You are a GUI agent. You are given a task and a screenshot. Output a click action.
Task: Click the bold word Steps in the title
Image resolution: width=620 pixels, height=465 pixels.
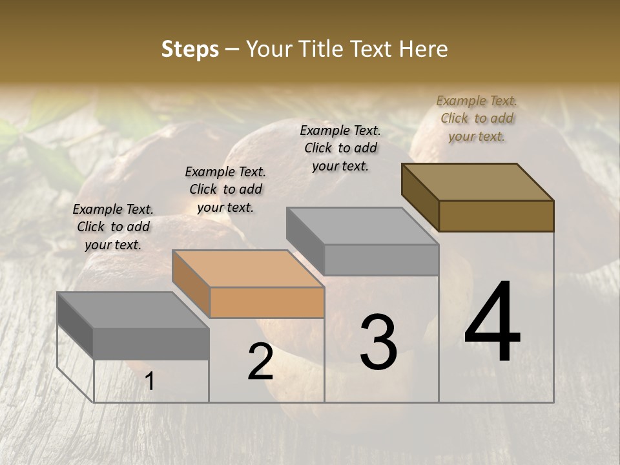[190, 49]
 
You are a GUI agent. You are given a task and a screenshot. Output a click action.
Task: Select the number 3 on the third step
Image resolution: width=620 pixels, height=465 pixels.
[378, 342]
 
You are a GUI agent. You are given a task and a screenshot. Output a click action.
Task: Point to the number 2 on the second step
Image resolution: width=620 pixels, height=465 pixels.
[260, 362]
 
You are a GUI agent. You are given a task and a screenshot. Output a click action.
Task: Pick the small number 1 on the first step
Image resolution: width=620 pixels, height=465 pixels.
[149, 382]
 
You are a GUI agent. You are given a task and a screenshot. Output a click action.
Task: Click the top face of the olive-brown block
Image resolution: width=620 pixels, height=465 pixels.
[477, 181]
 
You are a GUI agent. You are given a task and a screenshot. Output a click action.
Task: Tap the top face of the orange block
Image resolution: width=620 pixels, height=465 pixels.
[248, 268]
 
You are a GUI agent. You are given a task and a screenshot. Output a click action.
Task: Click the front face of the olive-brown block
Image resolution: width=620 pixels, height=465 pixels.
[496, 216]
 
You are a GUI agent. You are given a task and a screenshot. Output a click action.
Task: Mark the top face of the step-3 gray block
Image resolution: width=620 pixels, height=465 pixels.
[362, 226]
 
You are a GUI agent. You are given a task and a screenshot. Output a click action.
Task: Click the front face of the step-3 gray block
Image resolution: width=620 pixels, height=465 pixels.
[381, 260]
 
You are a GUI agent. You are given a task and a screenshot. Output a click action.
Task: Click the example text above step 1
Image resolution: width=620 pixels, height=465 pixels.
[113, 227]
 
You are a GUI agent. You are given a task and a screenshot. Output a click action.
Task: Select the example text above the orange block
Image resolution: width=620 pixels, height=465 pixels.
[225, 189]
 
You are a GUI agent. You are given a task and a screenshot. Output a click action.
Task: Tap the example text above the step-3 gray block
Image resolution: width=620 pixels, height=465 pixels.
[340, 148]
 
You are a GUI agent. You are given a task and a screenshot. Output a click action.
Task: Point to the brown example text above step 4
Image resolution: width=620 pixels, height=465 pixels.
[477, 118]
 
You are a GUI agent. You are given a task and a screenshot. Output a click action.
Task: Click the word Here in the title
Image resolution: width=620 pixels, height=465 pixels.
[424, 49]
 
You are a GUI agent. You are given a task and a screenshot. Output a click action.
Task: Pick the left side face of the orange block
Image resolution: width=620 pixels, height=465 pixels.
[191, 284]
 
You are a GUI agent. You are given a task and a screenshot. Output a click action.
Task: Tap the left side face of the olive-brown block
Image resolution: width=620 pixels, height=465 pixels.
[420, 198]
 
